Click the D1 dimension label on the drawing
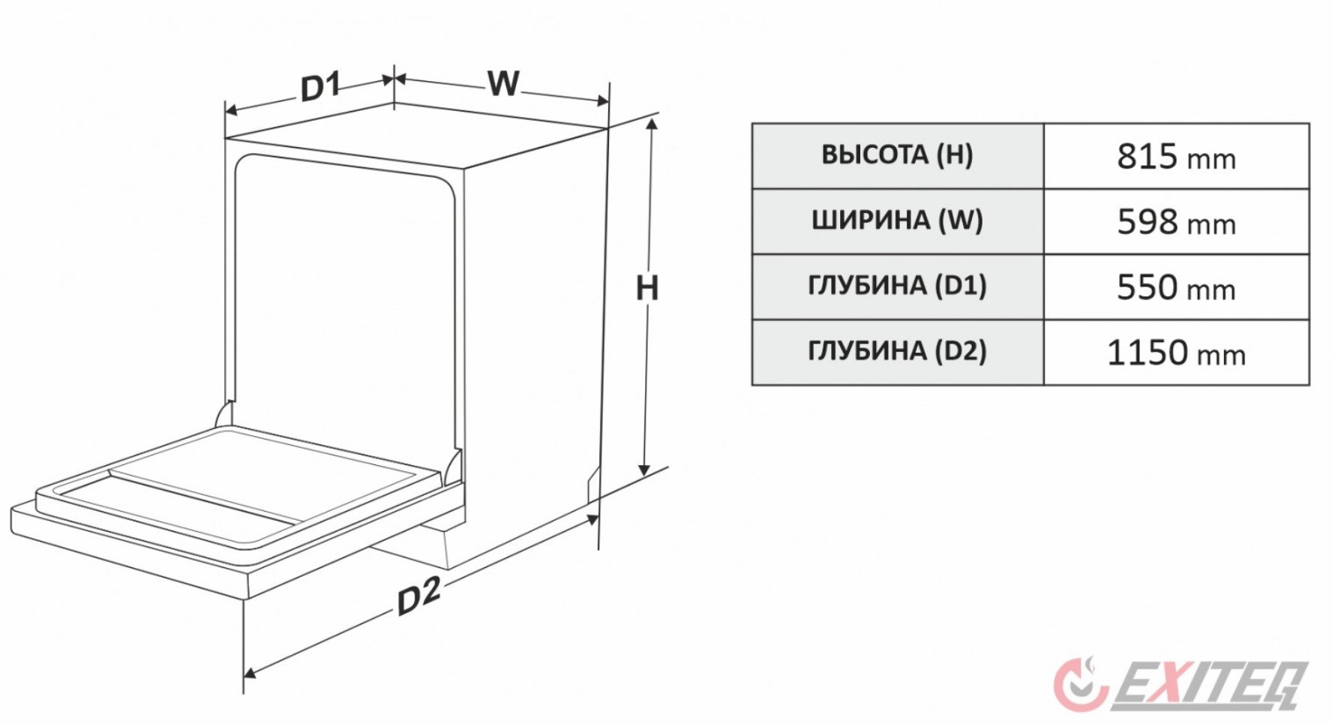(320, 86)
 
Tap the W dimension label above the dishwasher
(503, 83)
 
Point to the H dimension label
(646, 288)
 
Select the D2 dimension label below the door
(418, 597)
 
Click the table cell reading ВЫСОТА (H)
(897, 155)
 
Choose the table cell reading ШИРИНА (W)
(897, 221)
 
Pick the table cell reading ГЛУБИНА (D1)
(897, 286)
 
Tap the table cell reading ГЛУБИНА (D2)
(897, 351)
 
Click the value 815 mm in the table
(1176, 157)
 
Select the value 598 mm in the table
(1176, 222)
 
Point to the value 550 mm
(1176, 287)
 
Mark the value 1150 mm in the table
(1176, 353)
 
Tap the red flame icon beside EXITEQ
(1080, 683)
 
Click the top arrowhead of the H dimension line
(652, 125)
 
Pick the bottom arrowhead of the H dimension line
(644, 470)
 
